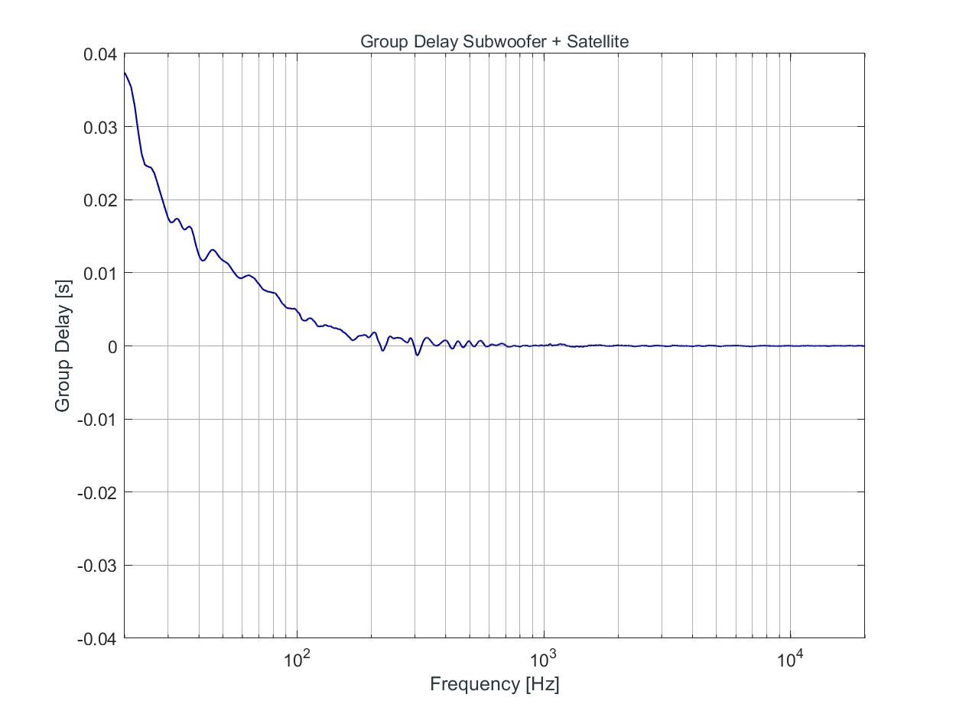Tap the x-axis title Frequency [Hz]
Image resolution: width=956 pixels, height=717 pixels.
(494, 683)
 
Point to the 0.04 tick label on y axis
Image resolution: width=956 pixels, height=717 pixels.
(99, 54)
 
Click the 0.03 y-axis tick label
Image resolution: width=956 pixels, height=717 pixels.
(99, 127)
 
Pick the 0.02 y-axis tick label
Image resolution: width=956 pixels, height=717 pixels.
(99, 200)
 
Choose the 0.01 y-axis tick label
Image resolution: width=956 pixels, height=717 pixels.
(99, 273)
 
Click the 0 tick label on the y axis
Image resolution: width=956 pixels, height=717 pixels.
(111, 346)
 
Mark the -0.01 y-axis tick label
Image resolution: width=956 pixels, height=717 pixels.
(96, 419)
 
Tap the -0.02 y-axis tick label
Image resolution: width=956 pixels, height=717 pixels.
(96, 492)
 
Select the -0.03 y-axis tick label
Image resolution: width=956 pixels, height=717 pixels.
(96, 565)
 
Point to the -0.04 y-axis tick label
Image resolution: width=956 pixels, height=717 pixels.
(96, 638)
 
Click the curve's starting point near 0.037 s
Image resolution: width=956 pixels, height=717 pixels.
(125, 73)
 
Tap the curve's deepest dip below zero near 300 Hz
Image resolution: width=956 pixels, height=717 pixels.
(417, 355)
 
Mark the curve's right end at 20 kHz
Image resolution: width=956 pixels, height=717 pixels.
(863, 346)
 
